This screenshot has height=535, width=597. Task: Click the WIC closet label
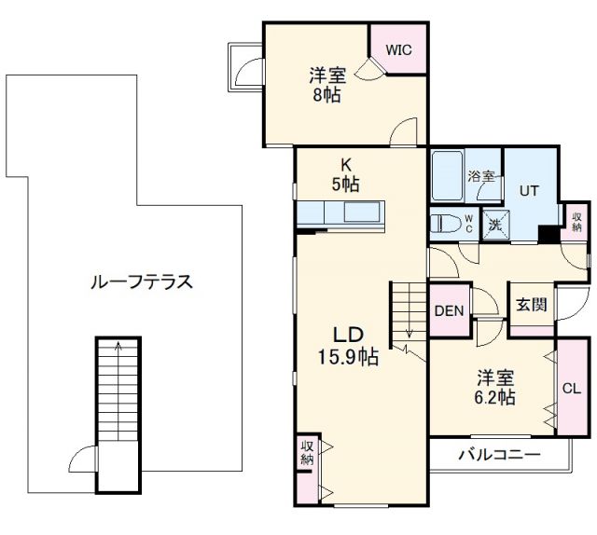click(x=398, y=49)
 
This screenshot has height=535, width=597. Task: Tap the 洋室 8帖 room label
click(x=327, y=85)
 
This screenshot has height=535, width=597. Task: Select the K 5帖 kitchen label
click(x=346, y=174)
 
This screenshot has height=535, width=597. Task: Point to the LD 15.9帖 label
click(x=348, y=346)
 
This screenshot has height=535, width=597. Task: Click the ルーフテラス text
click(x=142, y=282)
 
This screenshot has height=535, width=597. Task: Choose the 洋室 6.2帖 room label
click(x=495, y=388)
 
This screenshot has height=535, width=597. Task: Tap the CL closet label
click(x=572, y=389)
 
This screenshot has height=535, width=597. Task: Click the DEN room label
click(x=450, y=311)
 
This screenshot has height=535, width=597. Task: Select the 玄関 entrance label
click(x=532, y=305)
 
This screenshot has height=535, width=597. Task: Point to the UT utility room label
click(x=529, y=190)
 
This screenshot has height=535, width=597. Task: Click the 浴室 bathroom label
click(x=481, y=176)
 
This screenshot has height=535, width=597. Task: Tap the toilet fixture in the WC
click(x=444, y=224)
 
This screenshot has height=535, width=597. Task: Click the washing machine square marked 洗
click(x=495, y=225)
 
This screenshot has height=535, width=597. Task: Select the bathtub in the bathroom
click(x=448, y=175)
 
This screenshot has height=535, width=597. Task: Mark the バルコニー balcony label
click(x=499, y=455)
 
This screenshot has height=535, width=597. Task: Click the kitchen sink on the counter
click(x=362, y=212)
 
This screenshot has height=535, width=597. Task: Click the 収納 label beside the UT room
click(x=576, y=223)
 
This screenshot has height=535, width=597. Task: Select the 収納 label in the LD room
click(x=307, y=453)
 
